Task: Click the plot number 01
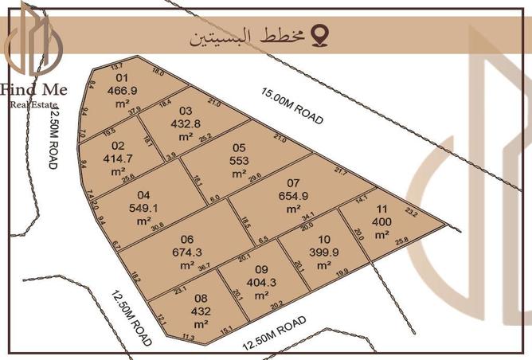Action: [x=122, y=78]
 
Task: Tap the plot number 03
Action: [x=186, y=111]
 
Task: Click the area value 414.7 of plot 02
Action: [x=119, y=158]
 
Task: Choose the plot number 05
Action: [x=239, y=147]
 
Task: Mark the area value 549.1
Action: [x=144, y=207]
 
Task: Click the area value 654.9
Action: [x=293, y=196]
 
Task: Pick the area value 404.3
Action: [x=261, y=282]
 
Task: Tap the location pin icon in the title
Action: [x=320, y=36]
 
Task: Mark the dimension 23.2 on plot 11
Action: [x=411, y=213]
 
